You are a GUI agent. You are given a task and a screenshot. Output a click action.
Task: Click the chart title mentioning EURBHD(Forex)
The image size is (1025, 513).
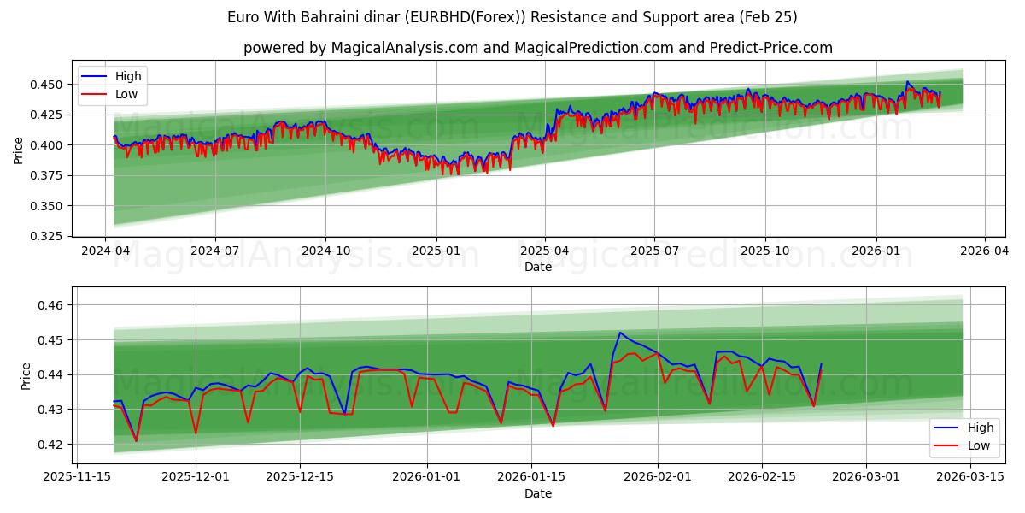(512, 17)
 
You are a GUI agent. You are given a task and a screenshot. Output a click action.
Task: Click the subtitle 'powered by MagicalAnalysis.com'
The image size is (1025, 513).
(538, 48)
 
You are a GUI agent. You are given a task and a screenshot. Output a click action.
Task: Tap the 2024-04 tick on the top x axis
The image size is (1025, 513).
(105, 251)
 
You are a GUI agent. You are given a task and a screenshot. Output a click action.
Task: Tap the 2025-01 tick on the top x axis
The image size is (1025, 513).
(436, 251)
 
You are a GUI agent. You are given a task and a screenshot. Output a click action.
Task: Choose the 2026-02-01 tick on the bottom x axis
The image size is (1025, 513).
(658, 477)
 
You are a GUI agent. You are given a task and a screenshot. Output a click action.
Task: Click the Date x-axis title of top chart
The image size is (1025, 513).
(538, 267)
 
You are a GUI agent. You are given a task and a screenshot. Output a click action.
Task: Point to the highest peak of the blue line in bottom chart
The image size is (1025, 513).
(620, 333)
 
